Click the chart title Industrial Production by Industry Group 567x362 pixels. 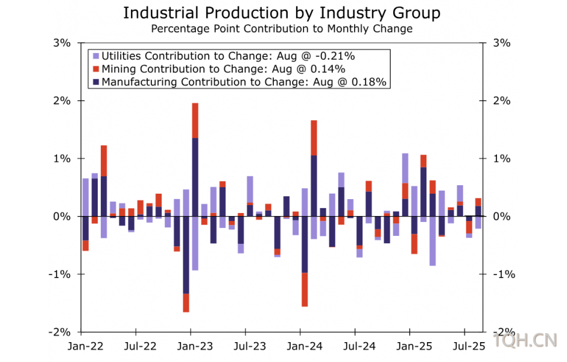coord(282,13)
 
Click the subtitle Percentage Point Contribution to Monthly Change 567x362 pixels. coord(282,28)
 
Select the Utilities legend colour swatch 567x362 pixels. coord(96,56)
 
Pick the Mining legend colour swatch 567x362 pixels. coord(96,69)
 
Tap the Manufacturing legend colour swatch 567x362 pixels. coord(96,81)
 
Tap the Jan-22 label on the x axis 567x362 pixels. coord(85,347)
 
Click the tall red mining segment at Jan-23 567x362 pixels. coord(195,120)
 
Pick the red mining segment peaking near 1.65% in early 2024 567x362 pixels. coord(314,138)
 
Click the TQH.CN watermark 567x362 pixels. coord(524,341)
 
